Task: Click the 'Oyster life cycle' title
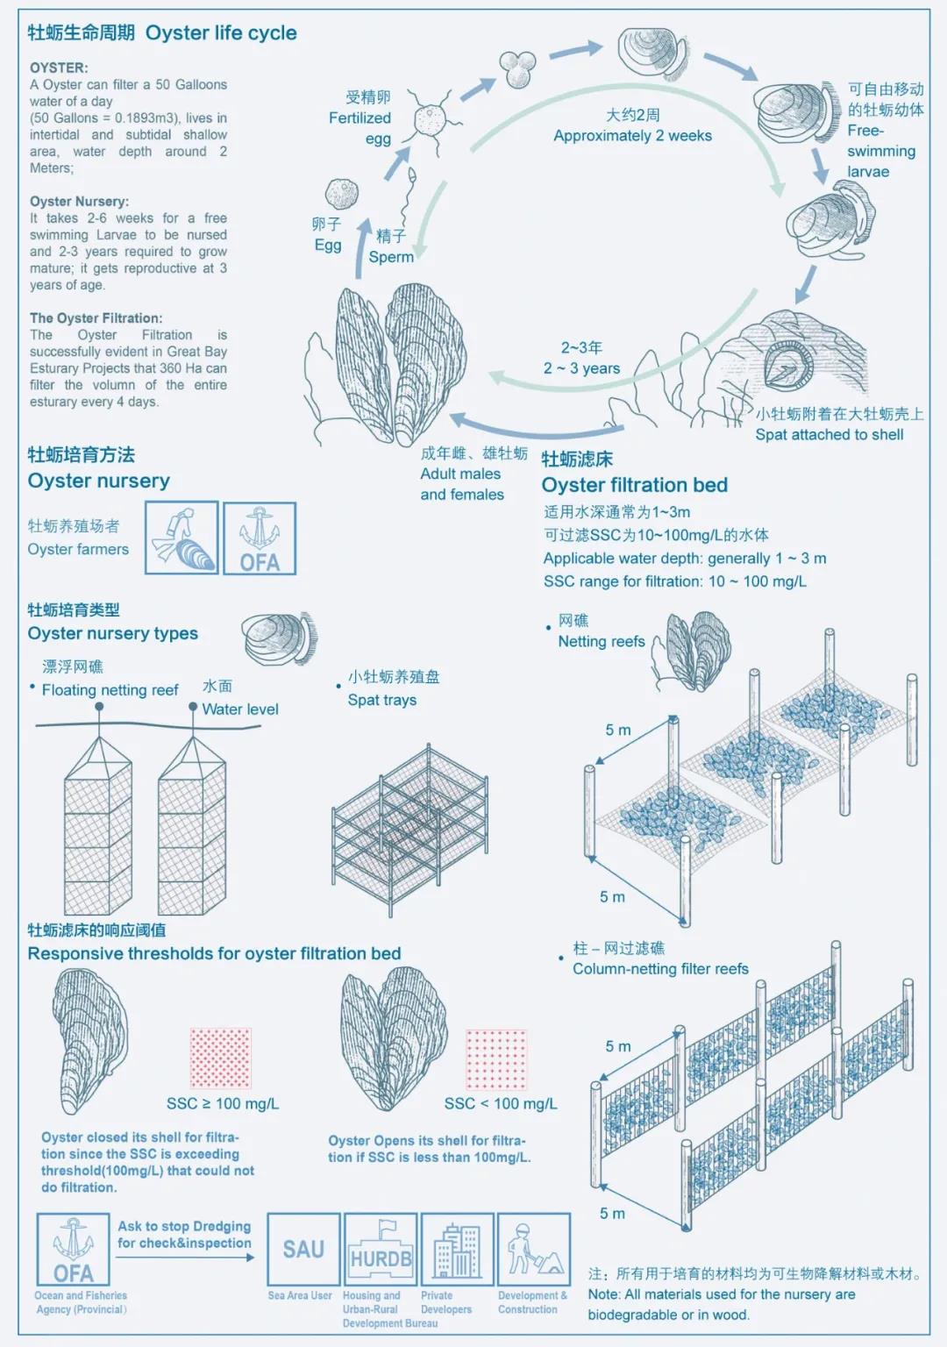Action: (221, 32)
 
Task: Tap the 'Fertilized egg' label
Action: (360, 128)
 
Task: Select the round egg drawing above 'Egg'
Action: (341, 194)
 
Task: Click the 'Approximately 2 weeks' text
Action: (632, 135)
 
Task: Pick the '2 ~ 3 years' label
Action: (581, 368)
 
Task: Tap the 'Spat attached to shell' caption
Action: (830, 434)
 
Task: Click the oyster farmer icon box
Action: (182, 538)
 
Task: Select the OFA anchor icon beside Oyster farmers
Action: (260, 538)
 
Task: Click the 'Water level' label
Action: (240, 709)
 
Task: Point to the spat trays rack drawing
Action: (410, 830)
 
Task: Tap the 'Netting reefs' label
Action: (602, 642)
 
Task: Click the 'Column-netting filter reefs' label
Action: (660, 969)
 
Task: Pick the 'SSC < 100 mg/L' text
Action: (501, 1103)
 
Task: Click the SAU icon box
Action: (303, 1249)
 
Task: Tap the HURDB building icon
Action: (381, 1249)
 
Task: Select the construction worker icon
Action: (534, 1249)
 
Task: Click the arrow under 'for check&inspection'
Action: (185, 1258)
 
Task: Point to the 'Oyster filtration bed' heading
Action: (634, 485)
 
